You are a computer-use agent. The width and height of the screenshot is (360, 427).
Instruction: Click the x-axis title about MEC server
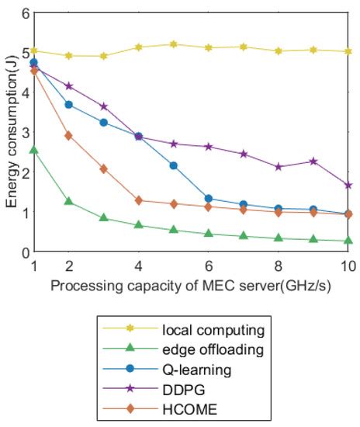pyautogui.click(x=191, y=286)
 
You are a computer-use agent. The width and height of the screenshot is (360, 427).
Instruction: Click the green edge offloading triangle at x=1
pyautogui.click(x=33, y=150)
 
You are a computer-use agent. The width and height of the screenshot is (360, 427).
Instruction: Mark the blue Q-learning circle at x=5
pyautogui.click(x=174, y=165)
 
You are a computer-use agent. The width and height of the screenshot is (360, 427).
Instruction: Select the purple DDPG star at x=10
pyautogui.click(x=348, y=186)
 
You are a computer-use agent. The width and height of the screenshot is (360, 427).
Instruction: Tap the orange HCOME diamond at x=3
pyautogui.click(x=103, y=168)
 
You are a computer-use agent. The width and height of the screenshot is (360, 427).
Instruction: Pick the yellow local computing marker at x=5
pyautogui.click(x=174, y=44)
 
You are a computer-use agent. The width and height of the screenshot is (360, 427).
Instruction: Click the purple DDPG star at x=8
pyautogui.click(x=279, y=167)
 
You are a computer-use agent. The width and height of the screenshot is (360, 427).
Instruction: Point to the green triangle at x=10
pyautogui.click(x=348, y=241)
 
